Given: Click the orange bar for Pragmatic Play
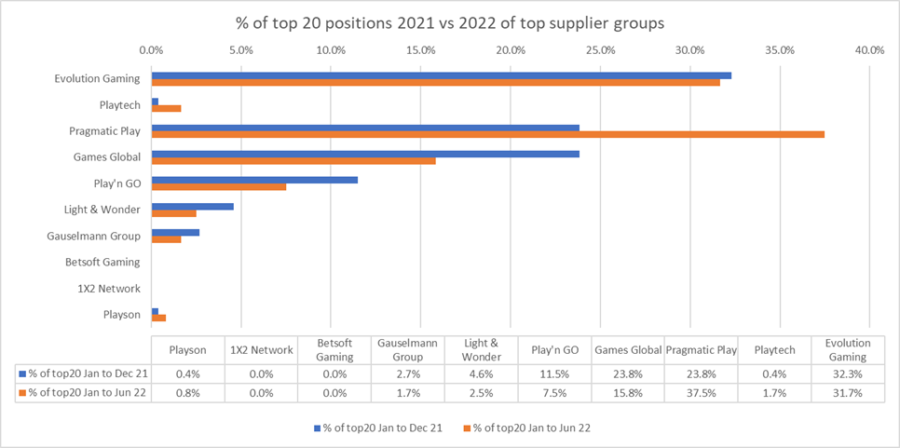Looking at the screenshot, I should pyautogui.click(x=487, y=134).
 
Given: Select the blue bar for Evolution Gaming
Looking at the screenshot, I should pyautogui.click(x=441, y=75).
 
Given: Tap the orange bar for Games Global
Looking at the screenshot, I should pyautogui.click(x=293, y=160).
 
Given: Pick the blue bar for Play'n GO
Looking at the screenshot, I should pyautogui.click(x=254, y=180).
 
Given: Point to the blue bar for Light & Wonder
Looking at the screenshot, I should pyautogui.click(x=192, y=206).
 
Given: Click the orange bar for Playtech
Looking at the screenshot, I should pyautogui.click(x=166, y=108).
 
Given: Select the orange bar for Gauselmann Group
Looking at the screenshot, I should pyautogui.click(x=166, y=239).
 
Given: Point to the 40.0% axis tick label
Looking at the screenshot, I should pyautogui.click(x=868, y=50).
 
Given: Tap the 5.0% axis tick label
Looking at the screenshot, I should pyautogui.click(x=240, y=50).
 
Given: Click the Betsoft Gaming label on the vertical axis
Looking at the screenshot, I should pyautogui.click(x=102, y=263).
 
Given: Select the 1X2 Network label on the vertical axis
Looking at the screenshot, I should pyautogui.click(x=109, y=289).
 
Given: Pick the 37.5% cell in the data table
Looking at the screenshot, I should pyautogui.click(x=701, y=393).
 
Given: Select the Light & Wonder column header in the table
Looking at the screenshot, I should pyautogui.click(x=482, y=350).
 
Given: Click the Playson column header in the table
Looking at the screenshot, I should pyautogui.click(x=187, y=350).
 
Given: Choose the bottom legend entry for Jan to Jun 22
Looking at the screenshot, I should pyautogui.click(x=532, y=428).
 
